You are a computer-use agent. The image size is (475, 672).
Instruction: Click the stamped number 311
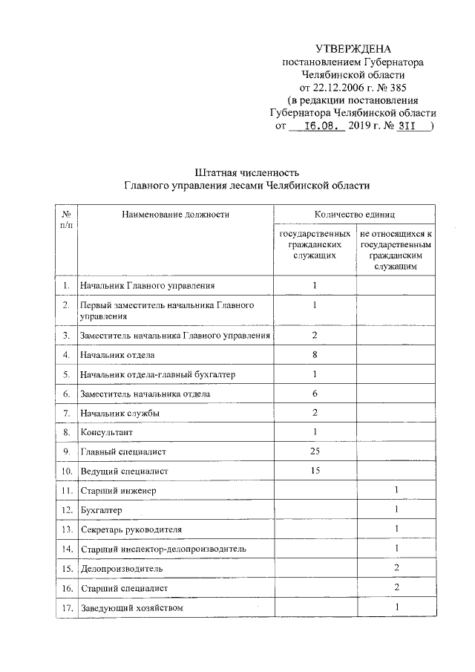[x=403, y=126]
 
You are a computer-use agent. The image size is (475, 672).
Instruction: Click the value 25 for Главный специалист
[x=315, y=451]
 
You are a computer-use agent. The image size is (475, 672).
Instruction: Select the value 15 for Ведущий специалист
[x=315, y=471]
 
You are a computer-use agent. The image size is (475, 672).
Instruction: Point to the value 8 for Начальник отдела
[x=315, y=355]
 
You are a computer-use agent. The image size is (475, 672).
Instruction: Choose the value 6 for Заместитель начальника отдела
[x=315, y=394]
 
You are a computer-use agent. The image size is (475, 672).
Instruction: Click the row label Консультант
[x=108, y=432]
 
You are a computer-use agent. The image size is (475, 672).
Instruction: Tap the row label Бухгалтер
[x=102, y=510]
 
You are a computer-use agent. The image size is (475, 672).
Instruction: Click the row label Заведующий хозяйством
[x=131, y=608]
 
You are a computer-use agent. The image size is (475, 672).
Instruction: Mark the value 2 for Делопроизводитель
[x=397, y=568]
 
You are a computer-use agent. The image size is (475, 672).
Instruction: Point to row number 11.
[x=65, y=491]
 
